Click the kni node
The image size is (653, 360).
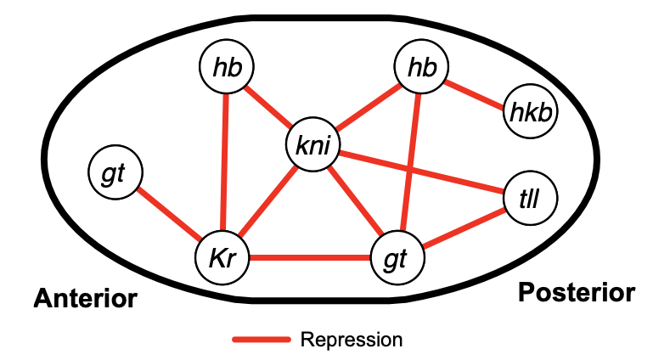[x=313, y=144]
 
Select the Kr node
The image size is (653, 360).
[x=222, y=258]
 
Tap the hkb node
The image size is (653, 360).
[x=530, y=111]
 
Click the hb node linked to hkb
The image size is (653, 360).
[x=421, y=66]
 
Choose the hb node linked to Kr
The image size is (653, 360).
[x=227, y=66]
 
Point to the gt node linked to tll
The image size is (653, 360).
[x=397, y=258]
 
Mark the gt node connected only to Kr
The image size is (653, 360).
[x=115, y=173]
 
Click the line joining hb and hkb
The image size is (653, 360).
[x=476, y=91]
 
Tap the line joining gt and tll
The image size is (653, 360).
[x=465, y=228]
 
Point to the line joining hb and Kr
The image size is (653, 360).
[x=225, y=161]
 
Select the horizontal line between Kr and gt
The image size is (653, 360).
[x=310, y=257]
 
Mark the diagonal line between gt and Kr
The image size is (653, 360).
[x=167, y=215]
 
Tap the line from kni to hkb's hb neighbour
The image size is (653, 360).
[x=368, y=105]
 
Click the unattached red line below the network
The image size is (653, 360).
[x=262, y=340]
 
